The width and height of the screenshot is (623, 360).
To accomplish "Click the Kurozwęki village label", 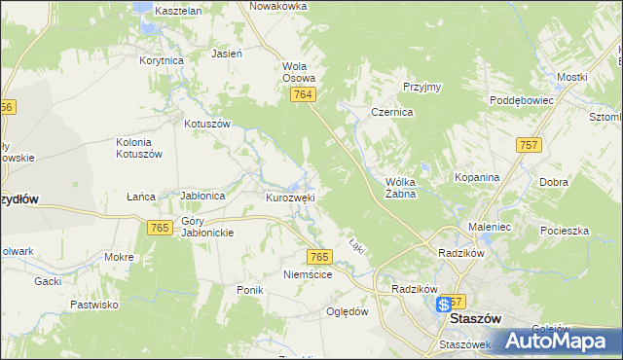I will [x=290, y=198].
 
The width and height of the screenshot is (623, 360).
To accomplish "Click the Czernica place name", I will [x=392, y=113].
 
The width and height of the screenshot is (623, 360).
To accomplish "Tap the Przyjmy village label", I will [x=421, y=87].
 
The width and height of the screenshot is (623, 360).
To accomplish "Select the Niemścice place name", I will [x=308, y=275].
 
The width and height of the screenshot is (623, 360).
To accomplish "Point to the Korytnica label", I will [x=162, y=60].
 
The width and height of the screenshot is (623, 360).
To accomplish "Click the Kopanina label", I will [x=477, y=178].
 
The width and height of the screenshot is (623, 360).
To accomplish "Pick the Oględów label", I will [x=348, y=312].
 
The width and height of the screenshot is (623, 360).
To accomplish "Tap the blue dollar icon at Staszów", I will [x=444, y=304].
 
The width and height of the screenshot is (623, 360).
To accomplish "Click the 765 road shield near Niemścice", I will [x=320, y=257].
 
